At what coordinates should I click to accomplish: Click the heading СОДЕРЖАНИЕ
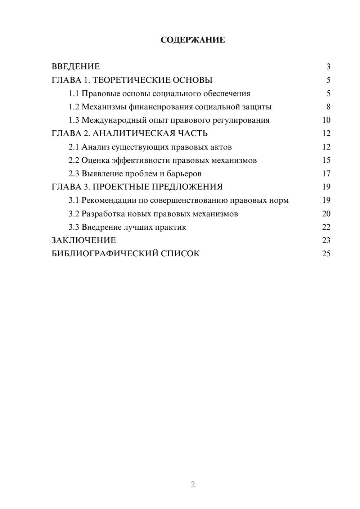pyautogui.click(x=193, y=40)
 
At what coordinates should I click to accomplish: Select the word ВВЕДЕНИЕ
pyautogui.click(x=76, y=67)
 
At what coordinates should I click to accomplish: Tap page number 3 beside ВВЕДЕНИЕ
pyautogui.click(x=328, y=67)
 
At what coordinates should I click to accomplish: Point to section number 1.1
pyautogui.click(x=74, y=94)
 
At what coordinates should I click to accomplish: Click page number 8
pyautogui.click(x=328, y=107)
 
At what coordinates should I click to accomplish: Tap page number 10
pyautogui.click(x=326, y=120)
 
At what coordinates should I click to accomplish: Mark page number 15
pyautogui.click(x=326, y=160)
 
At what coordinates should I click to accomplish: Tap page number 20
pyautogui.click(x=326, y=214)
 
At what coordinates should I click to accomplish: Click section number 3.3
pyautogui.click(x=74, y=227)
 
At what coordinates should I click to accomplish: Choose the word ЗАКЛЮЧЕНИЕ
pyautogui.click(x=84, y=240)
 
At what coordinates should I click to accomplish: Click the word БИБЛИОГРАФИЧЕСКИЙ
pyautogui.click(x=105, y=254)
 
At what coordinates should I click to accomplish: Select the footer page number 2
pyautogui.click(x=193, y=485)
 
